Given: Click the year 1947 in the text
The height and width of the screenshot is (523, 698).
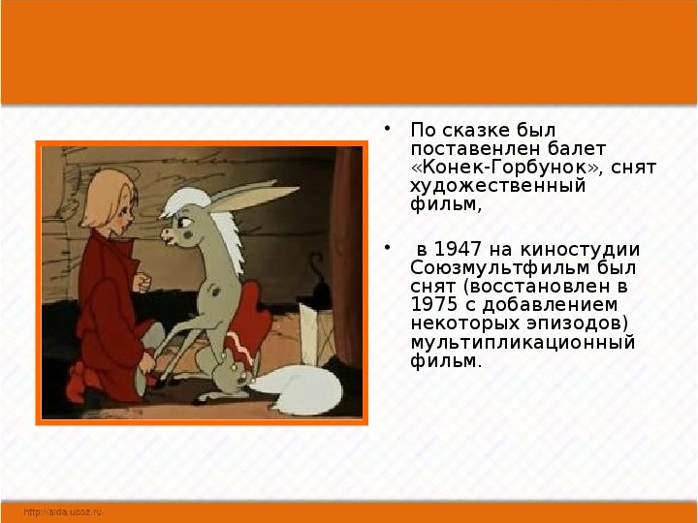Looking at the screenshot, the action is point(458,250).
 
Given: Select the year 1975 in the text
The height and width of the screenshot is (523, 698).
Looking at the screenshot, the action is point(433,305).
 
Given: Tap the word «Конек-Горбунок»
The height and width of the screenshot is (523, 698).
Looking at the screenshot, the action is point(507,168).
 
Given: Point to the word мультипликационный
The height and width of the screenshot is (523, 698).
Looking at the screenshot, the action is point(523,343).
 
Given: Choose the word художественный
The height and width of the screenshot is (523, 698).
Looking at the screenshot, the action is point(497,186).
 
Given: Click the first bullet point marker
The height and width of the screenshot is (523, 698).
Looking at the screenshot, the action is point(387,129).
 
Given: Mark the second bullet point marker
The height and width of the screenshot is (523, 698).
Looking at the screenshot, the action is point(387,247).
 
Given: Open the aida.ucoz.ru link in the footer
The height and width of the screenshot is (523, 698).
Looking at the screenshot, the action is point(63,512).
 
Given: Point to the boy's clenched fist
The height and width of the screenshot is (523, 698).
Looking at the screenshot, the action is point(142,283).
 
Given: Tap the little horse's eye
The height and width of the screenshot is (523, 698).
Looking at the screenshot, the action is point(185,222).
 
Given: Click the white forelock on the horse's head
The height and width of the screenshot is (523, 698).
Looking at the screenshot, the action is point(185,201).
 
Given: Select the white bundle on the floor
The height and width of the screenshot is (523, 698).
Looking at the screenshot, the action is point(296,389).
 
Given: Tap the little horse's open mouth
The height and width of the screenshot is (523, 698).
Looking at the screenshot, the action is point(170,240).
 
